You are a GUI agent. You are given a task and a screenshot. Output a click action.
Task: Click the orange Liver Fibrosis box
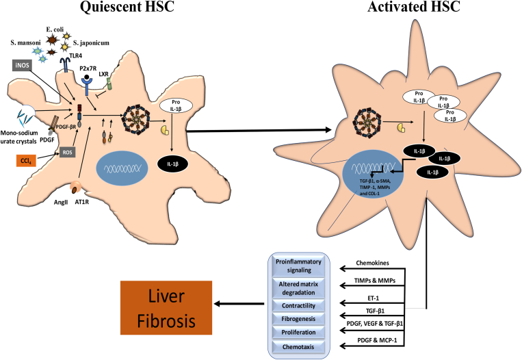(x=166, y=307)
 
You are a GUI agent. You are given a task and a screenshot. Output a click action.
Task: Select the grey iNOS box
(x=23, y=65)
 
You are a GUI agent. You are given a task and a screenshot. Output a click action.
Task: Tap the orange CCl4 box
(x=26, y=161)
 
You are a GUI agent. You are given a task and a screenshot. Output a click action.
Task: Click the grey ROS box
(x=67, y=152)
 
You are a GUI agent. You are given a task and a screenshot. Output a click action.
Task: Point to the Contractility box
(x=298, y=305)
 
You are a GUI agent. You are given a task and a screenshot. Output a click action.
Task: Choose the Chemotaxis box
(x=298, y=347)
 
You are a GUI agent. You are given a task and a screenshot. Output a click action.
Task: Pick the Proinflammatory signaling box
(x=298, y=266)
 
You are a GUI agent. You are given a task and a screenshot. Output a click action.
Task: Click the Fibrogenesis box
(x=298, y=319)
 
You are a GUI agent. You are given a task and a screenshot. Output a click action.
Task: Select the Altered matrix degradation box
(x=298, y=288)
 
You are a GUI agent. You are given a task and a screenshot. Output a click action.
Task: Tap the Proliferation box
(x=298, y=333)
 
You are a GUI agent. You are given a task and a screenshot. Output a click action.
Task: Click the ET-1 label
(x=372, y=298)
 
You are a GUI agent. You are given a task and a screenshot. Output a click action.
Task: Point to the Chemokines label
(x=372, y=263)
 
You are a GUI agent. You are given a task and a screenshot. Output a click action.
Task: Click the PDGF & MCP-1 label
(x=377, y=341)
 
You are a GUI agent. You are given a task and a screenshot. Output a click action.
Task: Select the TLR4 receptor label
(x=75, y=55)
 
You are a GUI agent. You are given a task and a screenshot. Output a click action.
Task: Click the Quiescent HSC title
(x=127, y=7)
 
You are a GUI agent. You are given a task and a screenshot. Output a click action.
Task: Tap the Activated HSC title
(x=414, y=7)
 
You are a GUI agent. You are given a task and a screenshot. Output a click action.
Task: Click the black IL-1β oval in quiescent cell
(x=173, y=164)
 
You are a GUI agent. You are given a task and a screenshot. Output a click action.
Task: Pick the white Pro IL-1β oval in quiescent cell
(x=176, y=105)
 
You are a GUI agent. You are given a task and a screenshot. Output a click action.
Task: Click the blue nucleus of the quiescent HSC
(x=122, y=168)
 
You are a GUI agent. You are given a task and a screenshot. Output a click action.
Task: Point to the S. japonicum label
(x=91, y=43)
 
